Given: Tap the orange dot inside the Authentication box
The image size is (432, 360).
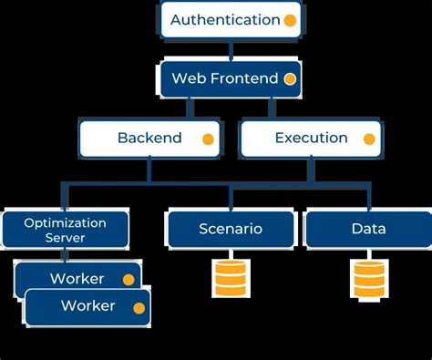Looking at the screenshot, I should coord(290,20).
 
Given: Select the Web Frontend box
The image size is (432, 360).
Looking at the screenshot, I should coord(230,79).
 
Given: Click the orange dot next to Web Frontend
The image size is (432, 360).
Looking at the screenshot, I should coord(290,79).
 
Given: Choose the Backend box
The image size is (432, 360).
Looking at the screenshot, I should coord(149,139).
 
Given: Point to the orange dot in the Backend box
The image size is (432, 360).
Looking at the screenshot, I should coord(208,139).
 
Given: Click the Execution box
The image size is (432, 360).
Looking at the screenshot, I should coord(311,139).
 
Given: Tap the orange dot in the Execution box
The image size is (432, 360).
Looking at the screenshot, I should coord(369,139).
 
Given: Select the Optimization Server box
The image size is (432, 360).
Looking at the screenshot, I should coord(65,229).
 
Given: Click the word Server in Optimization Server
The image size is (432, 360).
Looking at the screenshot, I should coord(65,237).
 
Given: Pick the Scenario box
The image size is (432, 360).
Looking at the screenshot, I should coord(230,229).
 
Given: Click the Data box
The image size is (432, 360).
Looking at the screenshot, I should coord(367,229).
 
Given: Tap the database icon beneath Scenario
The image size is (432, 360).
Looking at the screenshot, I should coord(230,278).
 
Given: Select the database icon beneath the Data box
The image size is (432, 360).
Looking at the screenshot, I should coord(367,278).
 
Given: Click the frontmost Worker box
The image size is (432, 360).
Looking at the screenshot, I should coord(87,307).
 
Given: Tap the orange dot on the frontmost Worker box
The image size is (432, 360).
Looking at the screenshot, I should coord(139,307).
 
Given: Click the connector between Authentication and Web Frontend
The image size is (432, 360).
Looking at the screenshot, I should coord(230,49).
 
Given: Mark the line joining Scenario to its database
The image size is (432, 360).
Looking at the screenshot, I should coord(230,253).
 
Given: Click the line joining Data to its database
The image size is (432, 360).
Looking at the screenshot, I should coord(367,253).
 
